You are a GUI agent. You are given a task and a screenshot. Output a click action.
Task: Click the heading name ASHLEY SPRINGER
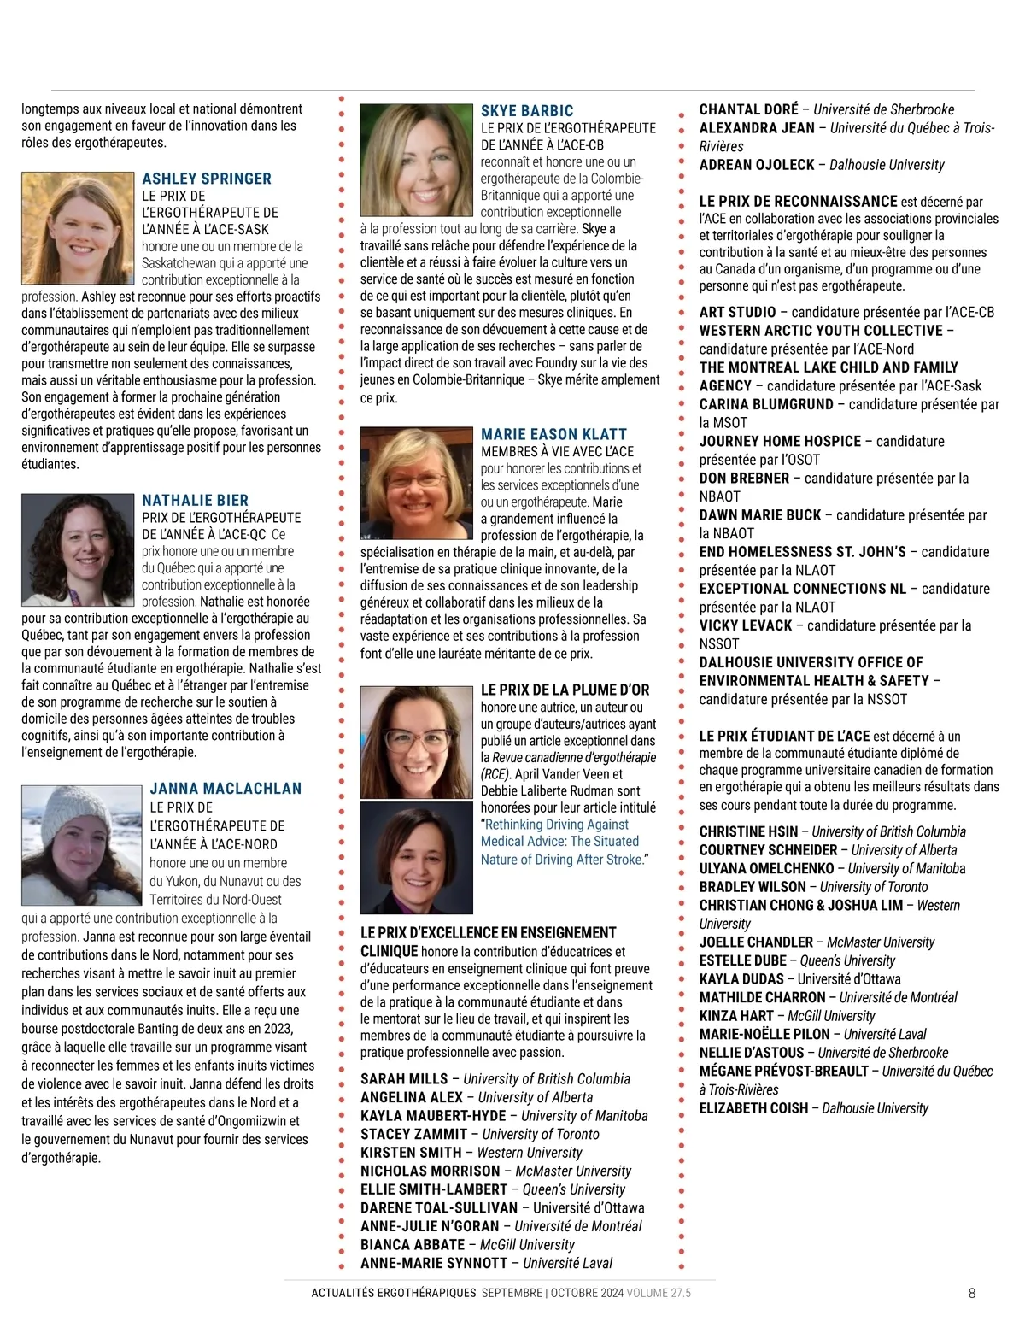(206, 179)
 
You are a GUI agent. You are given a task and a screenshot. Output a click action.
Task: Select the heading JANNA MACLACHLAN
(225, 789)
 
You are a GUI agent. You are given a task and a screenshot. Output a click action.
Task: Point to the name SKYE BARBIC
(527, 111)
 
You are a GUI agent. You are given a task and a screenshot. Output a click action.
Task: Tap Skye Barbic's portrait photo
(418, 161)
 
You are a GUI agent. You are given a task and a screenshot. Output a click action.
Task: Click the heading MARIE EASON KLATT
(553, 434)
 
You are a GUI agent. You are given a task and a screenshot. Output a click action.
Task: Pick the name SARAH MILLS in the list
(404, 1079)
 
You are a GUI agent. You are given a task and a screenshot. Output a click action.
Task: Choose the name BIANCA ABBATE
(413, 1245)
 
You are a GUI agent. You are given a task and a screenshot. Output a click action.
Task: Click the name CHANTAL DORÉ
(748, 109)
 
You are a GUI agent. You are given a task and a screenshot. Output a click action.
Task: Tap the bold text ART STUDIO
(737, 313)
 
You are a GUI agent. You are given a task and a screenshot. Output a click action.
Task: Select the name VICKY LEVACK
(746, 625)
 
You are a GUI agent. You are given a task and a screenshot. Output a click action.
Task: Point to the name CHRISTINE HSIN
(748, 831)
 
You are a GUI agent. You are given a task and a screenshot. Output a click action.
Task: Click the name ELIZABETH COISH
(753, 1108)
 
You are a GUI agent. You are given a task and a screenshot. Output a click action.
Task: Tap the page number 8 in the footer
(972, 1293)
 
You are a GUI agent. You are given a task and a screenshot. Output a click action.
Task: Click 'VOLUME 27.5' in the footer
(659, 1293)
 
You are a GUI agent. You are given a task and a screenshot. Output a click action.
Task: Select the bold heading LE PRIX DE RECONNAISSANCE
(798, 202)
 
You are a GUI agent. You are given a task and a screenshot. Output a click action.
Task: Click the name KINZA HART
(735, 1016)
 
